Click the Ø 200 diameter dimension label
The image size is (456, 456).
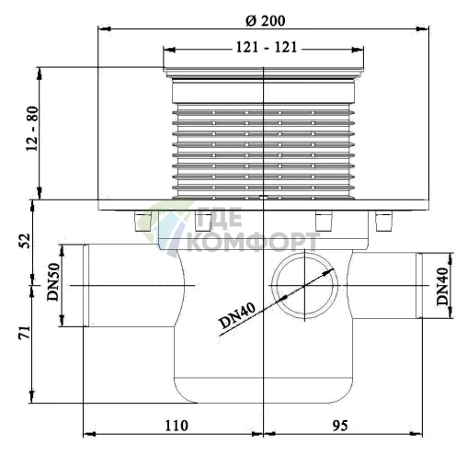(x=266, y=21)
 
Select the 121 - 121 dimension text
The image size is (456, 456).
(x=267, y=48)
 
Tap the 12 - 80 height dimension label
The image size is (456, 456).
(x=32, y=129)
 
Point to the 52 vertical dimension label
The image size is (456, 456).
(x=25, y=241)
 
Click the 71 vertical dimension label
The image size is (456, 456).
(x=25, y=332)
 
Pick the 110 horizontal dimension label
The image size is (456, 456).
(x=177, y=426)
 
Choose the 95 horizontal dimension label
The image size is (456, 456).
(x=340, y=426)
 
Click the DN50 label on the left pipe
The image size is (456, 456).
(x=53, y=282)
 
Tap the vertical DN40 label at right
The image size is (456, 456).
(x=442, y=287)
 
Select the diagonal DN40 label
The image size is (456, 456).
(x=237, y=315)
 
